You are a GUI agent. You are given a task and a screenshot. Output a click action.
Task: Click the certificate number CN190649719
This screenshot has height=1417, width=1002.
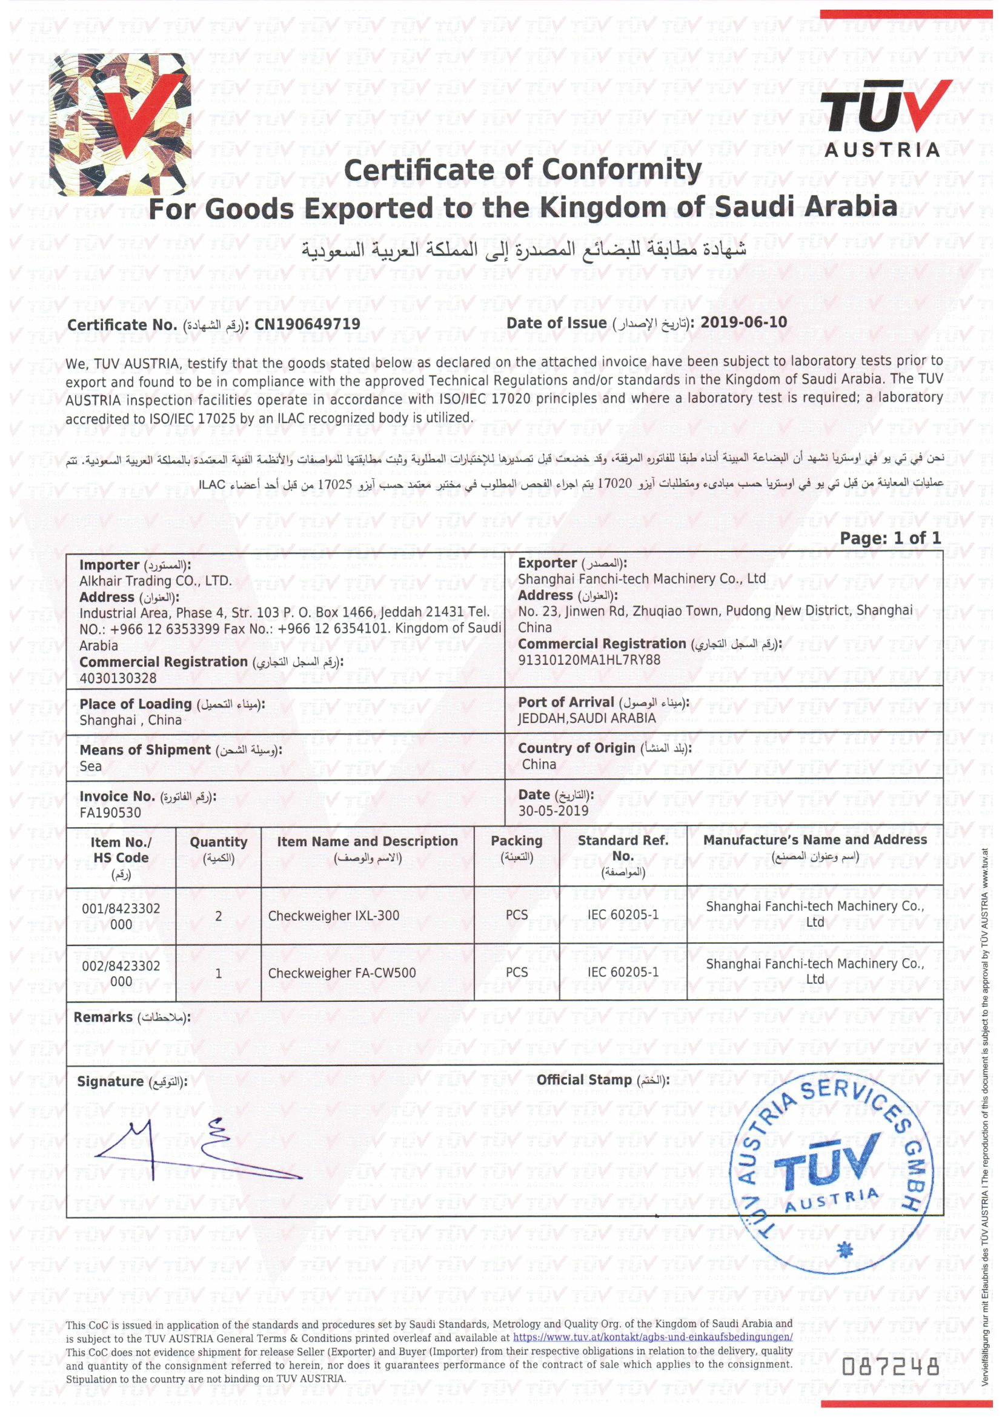point(307,325)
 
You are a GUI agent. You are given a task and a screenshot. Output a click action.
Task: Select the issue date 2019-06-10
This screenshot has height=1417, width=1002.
point(743,322)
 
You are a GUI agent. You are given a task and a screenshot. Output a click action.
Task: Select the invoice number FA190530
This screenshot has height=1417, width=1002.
point(110,813)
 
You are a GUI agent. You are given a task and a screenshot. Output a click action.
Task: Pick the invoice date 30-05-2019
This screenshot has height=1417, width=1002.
point(553,811)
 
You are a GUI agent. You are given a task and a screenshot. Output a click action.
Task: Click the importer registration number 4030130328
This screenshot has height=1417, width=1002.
point(118,678)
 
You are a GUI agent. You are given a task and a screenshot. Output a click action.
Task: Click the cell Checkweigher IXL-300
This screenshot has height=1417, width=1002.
point(333,916)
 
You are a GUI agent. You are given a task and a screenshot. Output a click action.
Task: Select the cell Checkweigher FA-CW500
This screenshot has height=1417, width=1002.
point(342,973)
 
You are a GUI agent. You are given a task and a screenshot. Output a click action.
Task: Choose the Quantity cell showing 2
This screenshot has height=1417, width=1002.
point(219,916)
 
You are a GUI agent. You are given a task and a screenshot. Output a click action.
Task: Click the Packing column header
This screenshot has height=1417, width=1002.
point(516,841)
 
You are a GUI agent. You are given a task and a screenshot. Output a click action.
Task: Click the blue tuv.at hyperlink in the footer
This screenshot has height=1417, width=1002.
point(653,1338)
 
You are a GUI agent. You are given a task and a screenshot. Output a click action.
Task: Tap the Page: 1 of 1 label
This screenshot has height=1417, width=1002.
point(890,538)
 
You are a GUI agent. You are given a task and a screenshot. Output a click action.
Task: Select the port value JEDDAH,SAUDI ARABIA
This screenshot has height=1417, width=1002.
point(587,718)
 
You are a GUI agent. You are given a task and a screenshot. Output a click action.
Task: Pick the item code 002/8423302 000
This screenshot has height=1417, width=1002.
point(121,973)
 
